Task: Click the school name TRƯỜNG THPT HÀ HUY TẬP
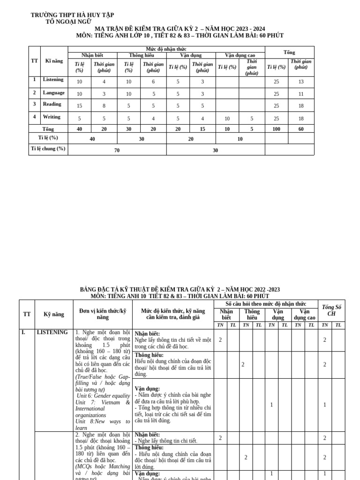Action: pyautogui.click(x=72, y=15)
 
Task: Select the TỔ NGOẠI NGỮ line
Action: pyautogui.click(x=68, y=22)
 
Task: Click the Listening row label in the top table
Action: pyautogui.click(x=53, y=80)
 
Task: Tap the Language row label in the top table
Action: pyautogui.click(x=53, y=92)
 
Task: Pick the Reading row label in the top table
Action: pyautogui.click(x=52, y=104)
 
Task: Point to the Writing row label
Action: pyautogui.click(x=52, y=117)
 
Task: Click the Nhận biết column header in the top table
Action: pyautogui.click(x=92, y=55)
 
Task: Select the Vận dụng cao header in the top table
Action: pyautogui.click(x=240, y=55)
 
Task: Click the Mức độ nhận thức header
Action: pyautogui.click(x=166, y=49)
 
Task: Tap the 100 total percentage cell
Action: pyautogui.click(x=276, y=129)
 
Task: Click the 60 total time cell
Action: pyautogui.click(x=300, y=129)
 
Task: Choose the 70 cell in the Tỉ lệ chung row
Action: pyautogui.click(x=117, y=150)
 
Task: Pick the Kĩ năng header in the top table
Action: pyautogui.click(x=54, y=61)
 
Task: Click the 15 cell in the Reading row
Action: pyautogui.click(x=79, y=106)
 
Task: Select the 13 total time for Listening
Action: pyautogui.click(x=300, y=82)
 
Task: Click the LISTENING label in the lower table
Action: pyautogui.click(x=52, y=332)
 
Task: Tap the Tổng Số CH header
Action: pyautogui.click(x=331, y=310)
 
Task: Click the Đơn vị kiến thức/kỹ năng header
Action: pyautogui.click(x=103, y=314)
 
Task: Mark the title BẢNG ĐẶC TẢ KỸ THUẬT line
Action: pyautogui.click(x=180, y=290)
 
